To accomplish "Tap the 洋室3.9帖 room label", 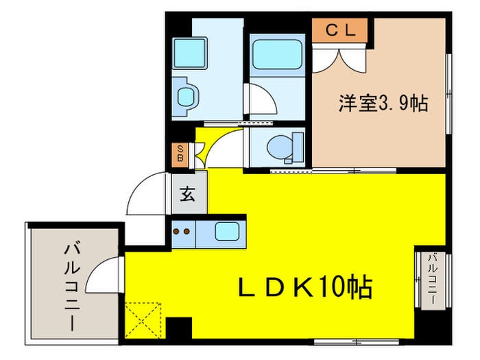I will (383, 104).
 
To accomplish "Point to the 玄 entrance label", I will (187, 194).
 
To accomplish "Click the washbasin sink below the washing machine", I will (185, 96).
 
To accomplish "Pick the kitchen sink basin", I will (227, 231).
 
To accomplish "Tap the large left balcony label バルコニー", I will (72, 285).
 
